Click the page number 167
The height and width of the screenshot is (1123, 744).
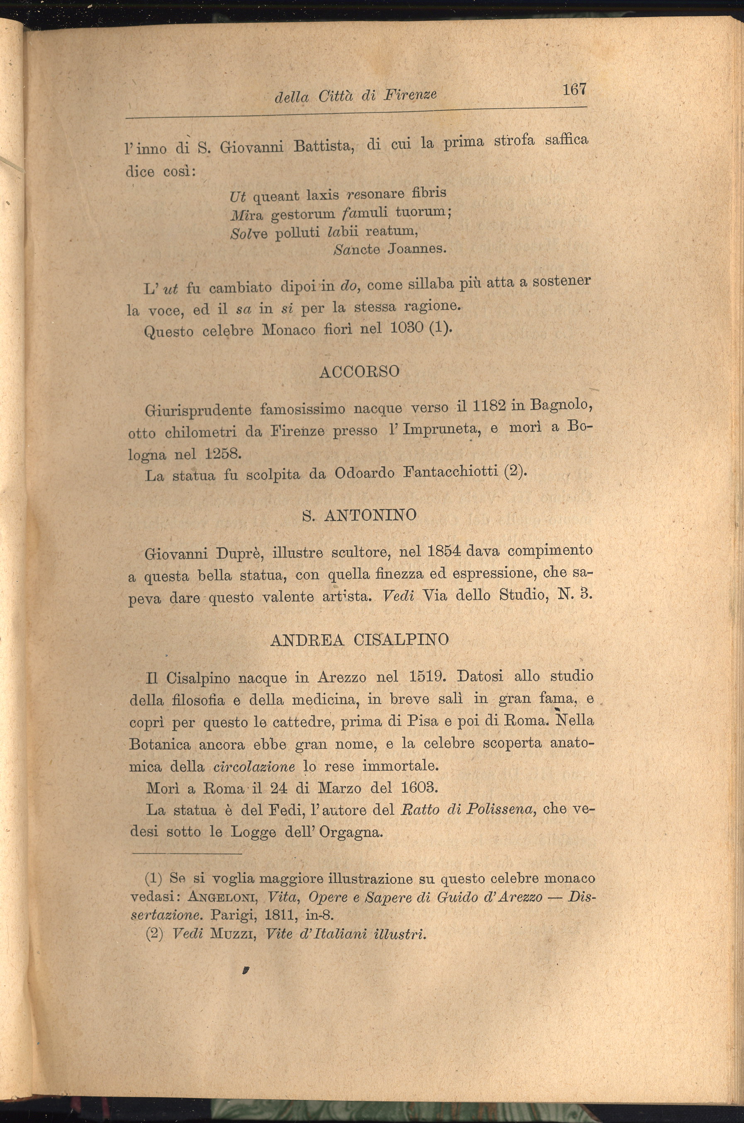tap(575, 89)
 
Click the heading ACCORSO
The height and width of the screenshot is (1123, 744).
tap(359, 372)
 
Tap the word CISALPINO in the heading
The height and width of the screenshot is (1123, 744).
tap(401, 640)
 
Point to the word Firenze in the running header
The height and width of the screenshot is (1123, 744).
tap(410, 95)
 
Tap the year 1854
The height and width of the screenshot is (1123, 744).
tap(444, 551)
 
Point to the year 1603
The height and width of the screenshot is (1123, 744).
tap(418, 788)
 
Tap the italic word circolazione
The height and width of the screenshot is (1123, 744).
tap(254, 766)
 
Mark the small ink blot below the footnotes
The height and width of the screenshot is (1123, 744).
tap(246, 971)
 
